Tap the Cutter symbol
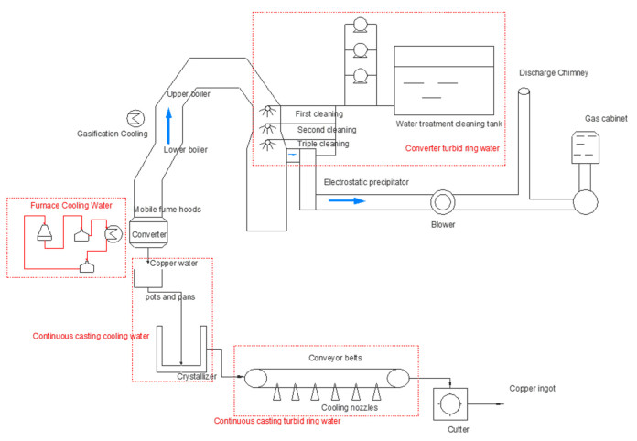tap(450, 404)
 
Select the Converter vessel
tap(148, 234)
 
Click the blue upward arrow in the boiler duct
tap(168, 126)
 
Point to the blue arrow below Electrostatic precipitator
tap(347, 200)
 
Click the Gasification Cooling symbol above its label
tap(135, 118)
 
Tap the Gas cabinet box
tap(586, 147)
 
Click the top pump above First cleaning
tap(360, 26)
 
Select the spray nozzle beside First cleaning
tap(267, 111)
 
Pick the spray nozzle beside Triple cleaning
tap(267, 145)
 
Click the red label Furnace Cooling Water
tap(71, 206)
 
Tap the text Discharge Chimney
tap(554, 73)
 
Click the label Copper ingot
tap(532, 389)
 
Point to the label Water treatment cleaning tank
tap(448, 124)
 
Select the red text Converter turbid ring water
tap(452, 148)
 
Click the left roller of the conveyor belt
tap(255, 378)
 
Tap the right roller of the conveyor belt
tap(398, 378)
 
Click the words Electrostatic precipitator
tap(366, 182)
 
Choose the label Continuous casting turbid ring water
tap(277, 421)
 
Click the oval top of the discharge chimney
tap(524, 91)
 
